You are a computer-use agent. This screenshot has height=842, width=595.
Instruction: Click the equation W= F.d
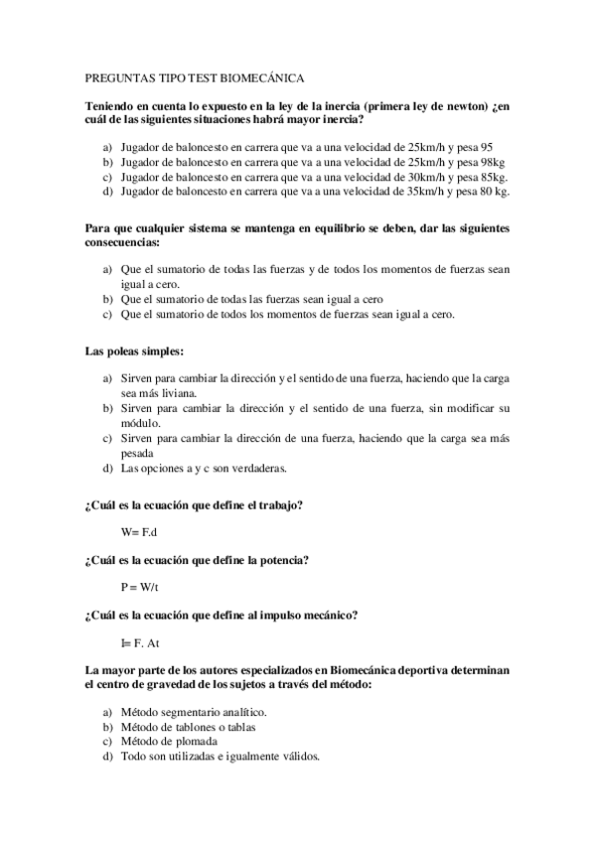coord(139,532)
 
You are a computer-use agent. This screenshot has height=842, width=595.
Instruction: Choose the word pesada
coord(141,452)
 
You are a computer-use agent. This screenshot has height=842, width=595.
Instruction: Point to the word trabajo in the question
coord(277,505)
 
